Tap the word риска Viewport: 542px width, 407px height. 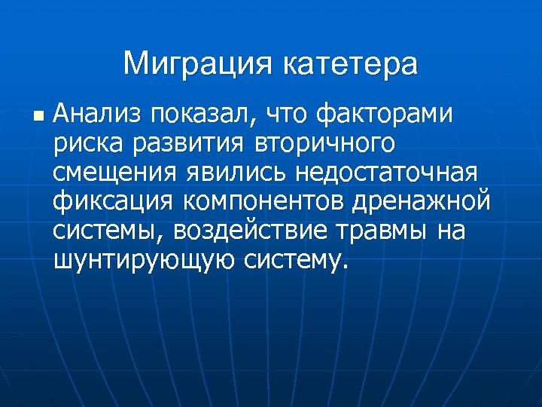[x=83, y=143]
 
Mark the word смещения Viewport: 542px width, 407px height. [x=115, y=172]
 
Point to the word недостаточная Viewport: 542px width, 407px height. [x=386, y=172]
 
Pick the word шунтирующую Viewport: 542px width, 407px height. [x=144, y=259]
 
